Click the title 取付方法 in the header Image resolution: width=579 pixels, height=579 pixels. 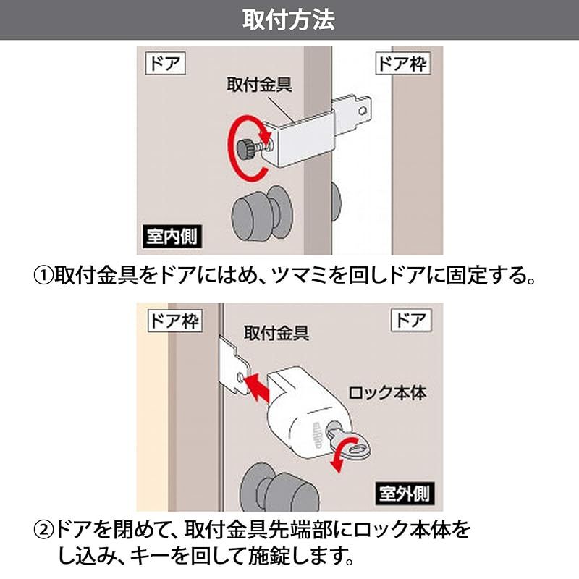point(289,20)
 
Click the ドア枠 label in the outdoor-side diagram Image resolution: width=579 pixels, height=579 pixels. point(174,320)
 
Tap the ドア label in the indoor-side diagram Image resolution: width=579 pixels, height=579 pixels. point(165,64)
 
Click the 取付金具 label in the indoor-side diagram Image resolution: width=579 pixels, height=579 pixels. point(259,85)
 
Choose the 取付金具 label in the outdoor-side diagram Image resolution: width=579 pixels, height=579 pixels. point(276,334)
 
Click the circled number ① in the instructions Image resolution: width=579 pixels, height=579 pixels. point(44,276)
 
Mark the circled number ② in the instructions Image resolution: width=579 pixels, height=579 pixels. point(44,532)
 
